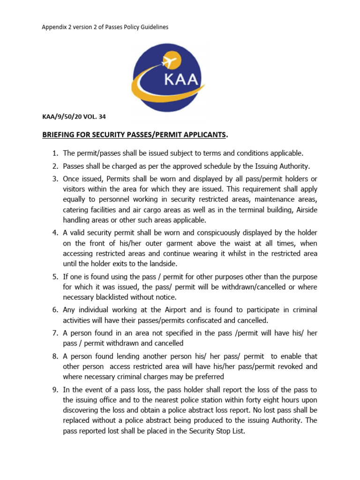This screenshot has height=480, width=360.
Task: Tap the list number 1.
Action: coord(54,153)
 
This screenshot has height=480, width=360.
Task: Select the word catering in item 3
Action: coord(77,210)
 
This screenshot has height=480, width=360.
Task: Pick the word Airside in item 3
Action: coord(306,210)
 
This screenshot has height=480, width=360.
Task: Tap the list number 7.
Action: coord(54,333)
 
